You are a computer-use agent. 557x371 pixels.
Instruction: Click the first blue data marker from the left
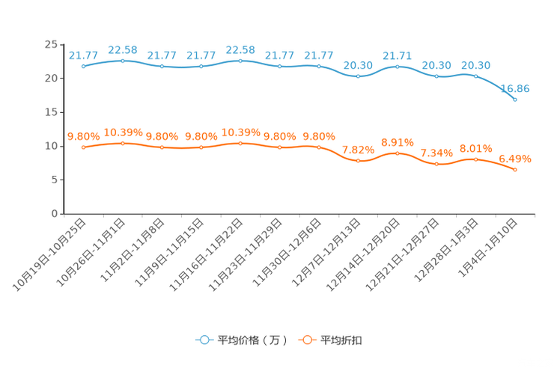click(83, 67)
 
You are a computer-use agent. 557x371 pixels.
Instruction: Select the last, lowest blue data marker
click(515, 99)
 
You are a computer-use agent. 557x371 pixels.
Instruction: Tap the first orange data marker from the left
click(83, 147)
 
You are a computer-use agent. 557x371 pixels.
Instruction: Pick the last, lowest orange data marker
click(515, 170)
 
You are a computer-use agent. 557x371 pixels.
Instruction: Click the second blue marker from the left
click(123, 61)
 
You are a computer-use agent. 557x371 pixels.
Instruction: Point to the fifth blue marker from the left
click(240, 61)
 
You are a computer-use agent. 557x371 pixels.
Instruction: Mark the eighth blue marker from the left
click(359, 76)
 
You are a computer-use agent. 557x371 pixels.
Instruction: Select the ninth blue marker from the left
click(398, 67)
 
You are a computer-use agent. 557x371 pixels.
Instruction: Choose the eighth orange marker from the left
click(359, 161)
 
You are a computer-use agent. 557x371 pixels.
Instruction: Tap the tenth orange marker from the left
click(437, 164)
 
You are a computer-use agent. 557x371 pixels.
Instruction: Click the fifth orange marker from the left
click(240, 142)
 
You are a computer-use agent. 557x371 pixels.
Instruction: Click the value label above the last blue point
click(515, 88)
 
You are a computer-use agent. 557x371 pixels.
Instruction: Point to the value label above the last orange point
click(515, 158)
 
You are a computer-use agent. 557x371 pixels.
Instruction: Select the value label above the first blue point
click(83, 55)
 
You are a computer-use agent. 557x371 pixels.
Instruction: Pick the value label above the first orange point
click(83, 135)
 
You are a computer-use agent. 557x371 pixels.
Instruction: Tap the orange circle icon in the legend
click(306, 340)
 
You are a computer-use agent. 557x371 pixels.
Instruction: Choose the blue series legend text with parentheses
click(252, 340)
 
